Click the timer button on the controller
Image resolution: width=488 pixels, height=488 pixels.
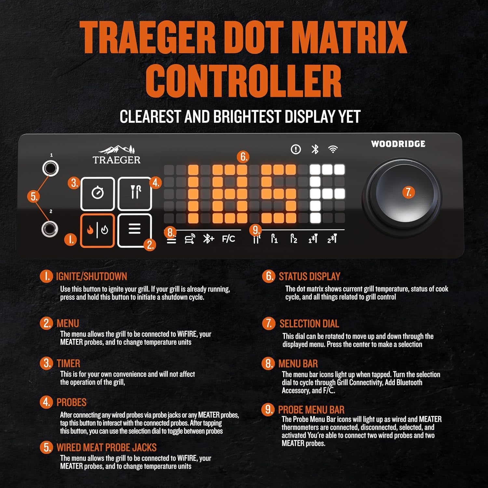[x=97, y=194]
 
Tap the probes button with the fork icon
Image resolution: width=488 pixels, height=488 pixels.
[x=135, y=194]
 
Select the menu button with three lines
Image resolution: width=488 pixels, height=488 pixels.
[x=134, y=230]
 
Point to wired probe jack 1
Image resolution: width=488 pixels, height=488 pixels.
[x=50, y=168]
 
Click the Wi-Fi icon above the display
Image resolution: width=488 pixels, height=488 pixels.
[x=333, y=149]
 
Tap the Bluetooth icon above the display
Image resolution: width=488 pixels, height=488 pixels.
[x=315, y=149]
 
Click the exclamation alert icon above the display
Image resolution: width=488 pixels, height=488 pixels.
[x=296, y=149]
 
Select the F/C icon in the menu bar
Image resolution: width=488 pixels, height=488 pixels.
[x=228, y=239]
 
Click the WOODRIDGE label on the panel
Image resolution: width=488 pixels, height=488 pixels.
[x=398, y=144]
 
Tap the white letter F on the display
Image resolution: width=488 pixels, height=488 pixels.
[x=327, y=193]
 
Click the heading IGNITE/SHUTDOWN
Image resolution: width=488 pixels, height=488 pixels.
[x=91, y=277]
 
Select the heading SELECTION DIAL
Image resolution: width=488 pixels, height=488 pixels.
[x=309, y=324]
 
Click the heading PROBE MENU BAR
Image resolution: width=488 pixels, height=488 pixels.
[x=311, y=410]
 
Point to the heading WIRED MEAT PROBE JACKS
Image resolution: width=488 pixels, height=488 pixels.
[x=106, y=448]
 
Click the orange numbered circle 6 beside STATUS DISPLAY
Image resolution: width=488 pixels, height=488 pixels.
[x=268, y=276]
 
